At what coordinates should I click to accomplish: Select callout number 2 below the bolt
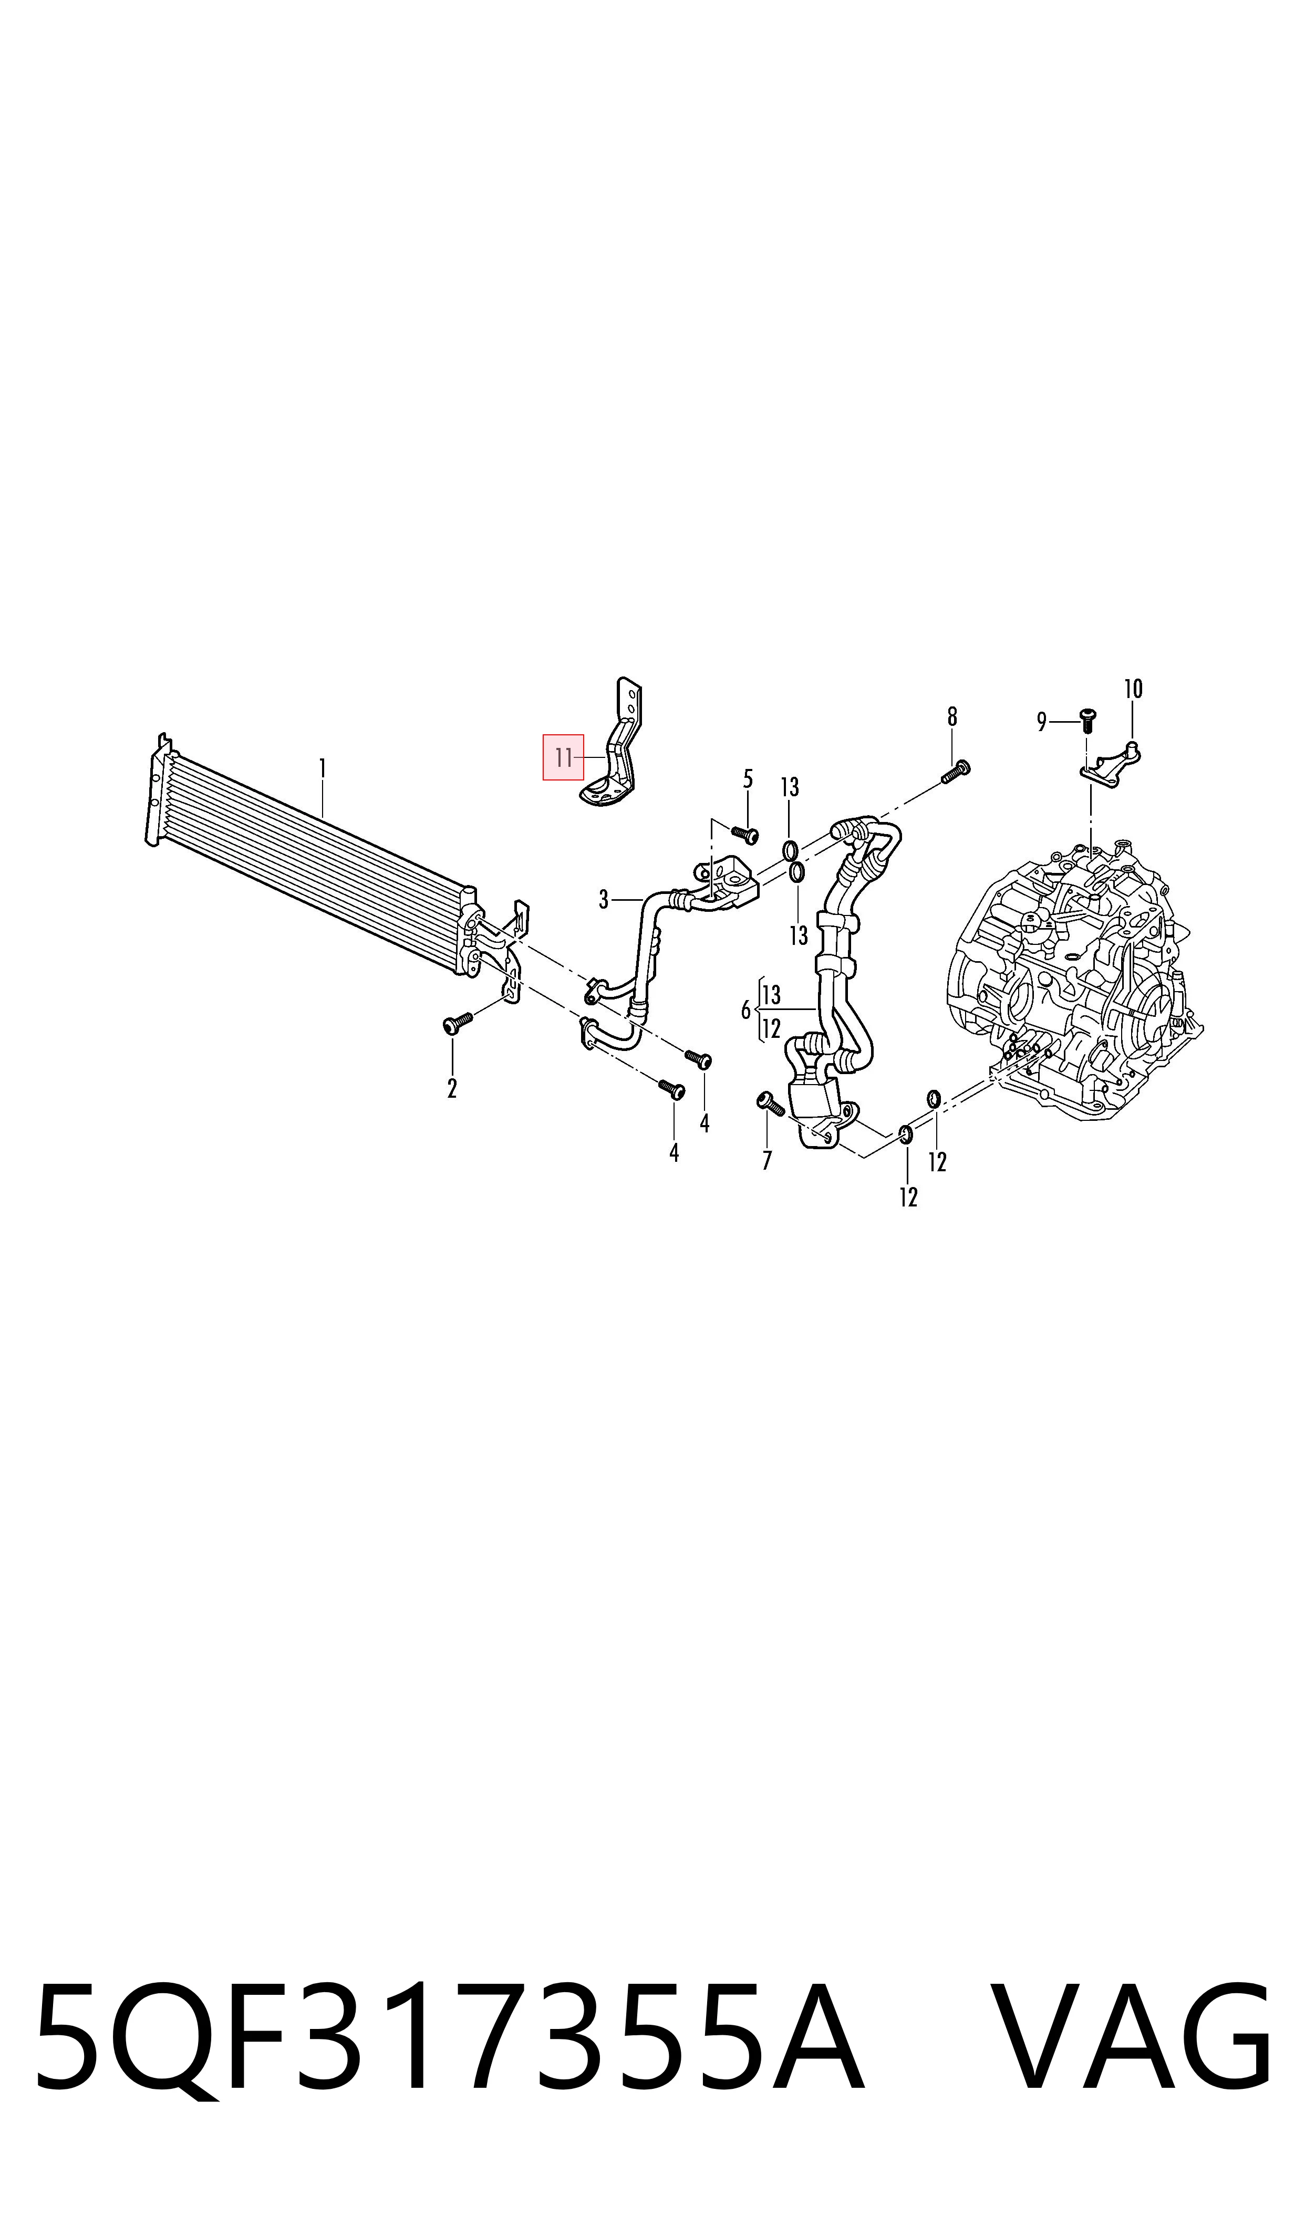click(451, 1088)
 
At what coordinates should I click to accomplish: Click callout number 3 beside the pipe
click(604, 899)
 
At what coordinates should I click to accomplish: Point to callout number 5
click(748, 778)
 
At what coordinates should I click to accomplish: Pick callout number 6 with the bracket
click(746, 1010)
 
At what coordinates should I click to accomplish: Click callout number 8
click(952, 717)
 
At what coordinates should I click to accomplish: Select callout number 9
click(1042, 722)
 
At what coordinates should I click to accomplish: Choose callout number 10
click(1133, 689)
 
